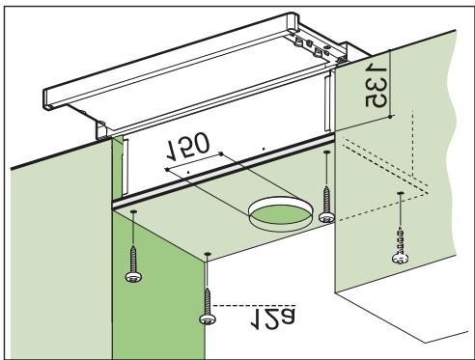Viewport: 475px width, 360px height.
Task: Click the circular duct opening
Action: point(278,213)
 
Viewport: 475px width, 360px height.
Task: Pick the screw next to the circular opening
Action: point(329,215)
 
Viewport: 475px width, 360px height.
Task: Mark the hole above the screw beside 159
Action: point(208,255)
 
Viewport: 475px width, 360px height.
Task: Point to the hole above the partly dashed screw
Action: point(400,194)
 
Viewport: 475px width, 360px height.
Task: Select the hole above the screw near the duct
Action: point(328,152)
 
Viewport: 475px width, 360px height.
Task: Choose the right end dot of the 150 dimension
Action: point(222,152)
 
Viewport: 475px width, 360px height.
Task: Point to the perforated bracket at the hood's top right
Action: point(319,42)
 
